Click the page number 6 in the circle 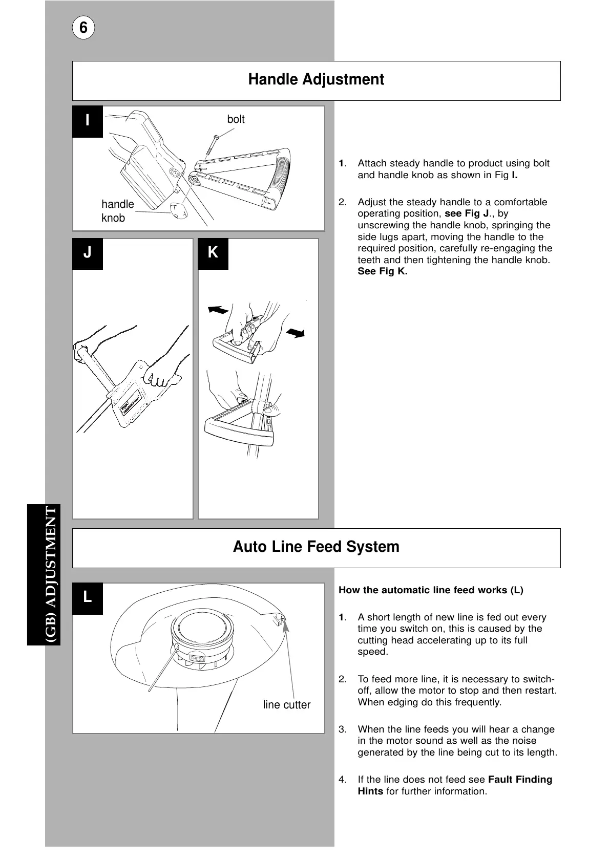83,28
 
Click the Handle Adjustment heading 316,80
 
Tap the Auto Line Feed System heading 316,547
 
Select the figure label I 88,121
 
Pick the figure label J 88,253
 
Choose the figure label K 213,253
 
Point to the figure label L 88,597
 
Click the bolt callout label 236,119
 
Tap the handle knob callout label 117,211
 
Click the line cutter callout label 286,705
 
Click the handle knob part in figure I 178,210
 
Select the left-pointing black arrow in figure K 218,310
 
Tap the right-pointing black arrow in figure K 296,333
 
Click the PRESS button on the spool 197,658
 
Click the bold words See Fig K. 382,272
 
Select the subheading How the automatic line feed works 431,590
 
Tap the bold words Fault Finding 520,780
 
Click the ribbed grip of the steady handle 283,175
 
